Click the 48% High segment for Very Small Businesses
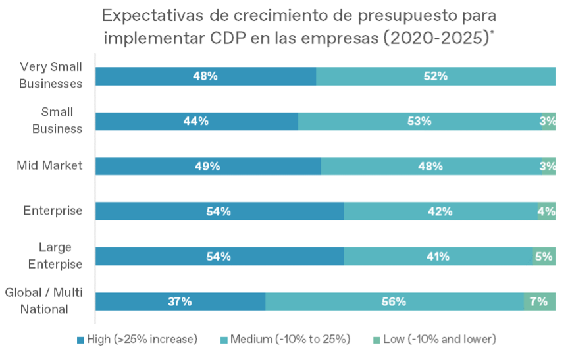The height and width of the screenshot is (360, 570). tap(205, 76)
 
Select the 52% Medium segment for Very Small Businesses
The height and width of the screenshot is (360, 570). tap(436, 76)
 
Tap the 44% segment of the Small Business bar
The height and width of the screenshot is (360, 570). tap(196, 121)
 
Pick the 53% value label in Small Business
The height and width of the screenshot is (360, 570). tap(419, 121)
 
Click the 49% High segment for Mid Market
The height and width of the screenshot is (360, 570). tap(207, 166)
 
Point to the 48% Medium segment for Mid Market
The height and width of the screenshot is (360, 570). tap(430, 166)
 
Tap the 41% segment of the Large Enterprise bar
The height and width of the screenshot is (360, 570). tap(438, 257)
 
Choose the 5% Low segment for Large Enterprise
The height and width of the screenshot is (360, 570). tap(544, 257)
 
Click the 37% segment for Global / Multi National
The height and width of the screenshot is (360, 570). tap(180, 301)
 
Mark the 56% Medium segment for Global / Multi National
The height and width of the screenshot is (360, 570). tap(394, 301)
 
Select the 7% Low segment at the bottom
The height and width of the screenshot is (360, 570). tap(539, 301)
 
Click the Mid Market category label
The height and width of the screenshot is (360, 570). tap(50, 165)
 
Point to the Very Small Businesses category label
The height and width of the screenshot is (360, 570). tap(51, 75)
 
